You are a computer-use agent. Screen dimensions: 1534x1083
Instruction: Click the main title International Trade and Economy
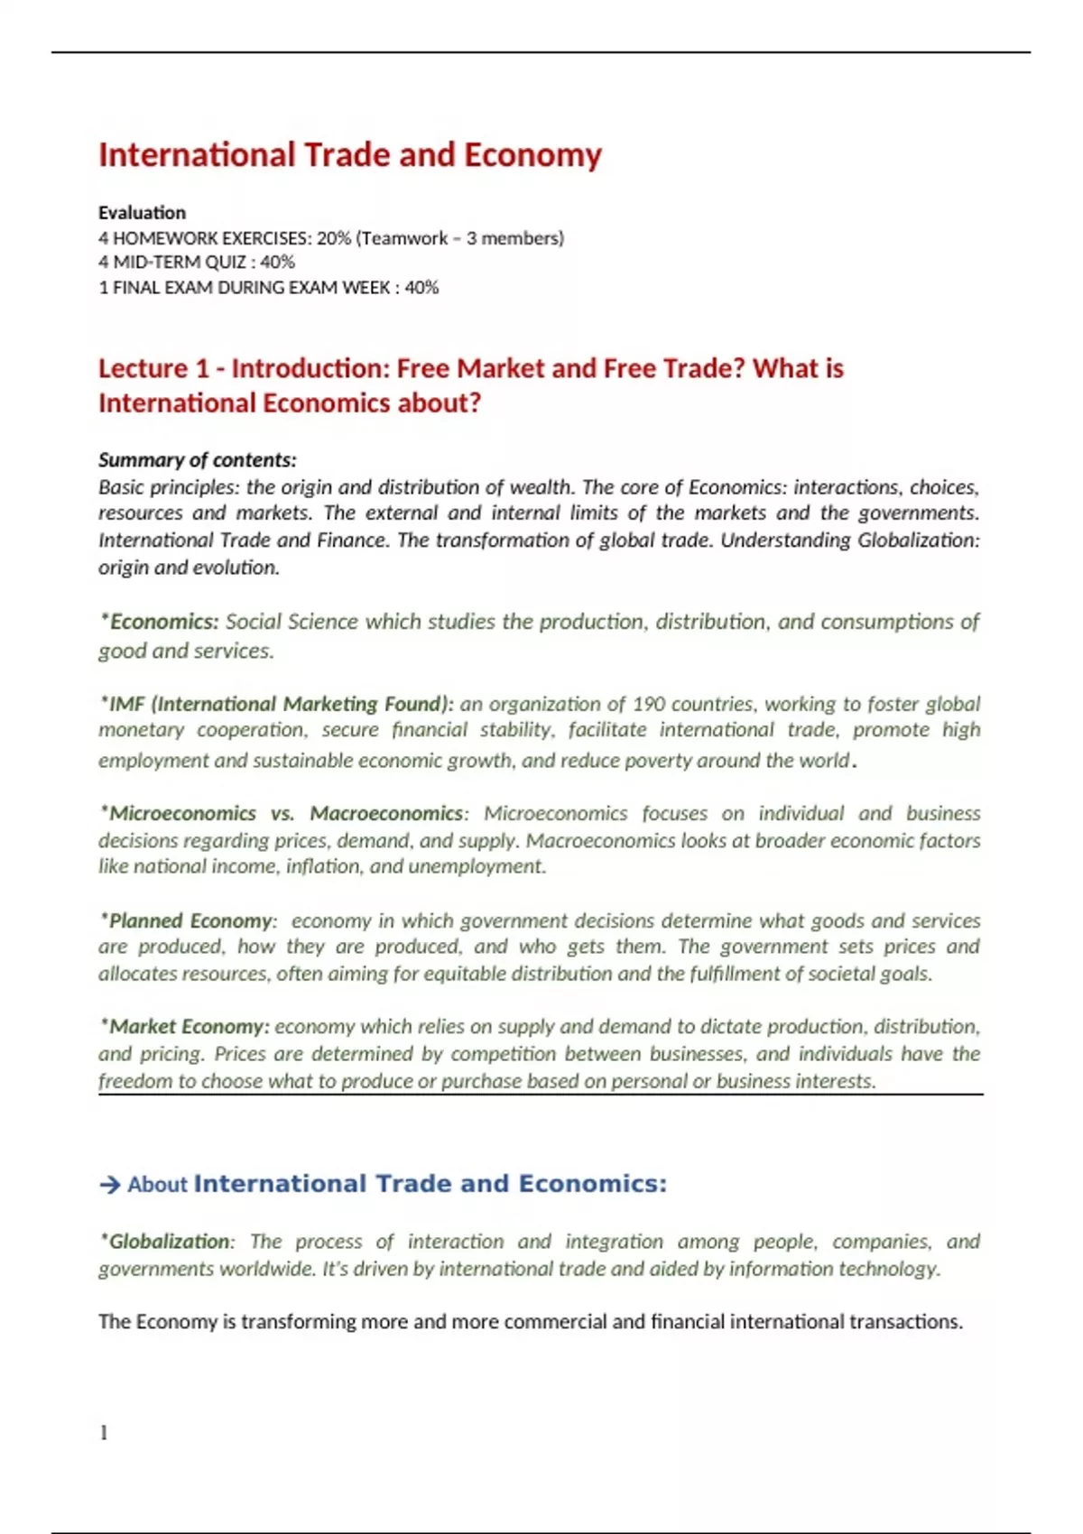pyautogui.click(x=349, y=155)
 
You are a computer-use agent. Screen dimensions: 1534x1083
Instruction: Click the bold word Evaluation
pyautogui.click(x=142, y=213)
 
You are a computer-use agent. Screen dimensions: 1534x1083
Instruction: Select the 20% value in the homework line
pyautogui.click(x=334, y=238)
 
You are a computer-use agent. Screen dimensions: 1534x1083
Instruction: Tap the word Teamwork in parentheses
pyautogui.click(x=404, y=238)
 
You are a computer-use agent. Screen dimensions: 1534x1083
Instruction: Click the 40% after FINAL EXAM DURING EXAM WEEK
pyautogui.click(x=421, y=288)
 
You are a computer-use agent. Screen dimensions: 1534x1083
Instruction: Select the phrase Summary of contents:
pyautogui.click(x=197, y=460)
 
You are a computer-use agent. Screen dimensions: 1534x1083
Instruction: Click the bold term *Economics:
pyautogui.click(x=161, y=622)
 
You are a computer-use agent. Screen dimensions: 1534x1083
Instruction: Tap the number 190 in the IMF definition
pyautogui.click(x=649, y=704)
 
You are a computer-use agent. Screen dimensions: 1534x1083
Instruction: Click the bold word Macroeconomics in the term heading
pyautogui.click(x=386, y=813)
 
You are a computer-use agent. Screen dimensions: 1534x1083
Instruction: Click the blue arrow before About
pyautogui.click(x=110, y=1185)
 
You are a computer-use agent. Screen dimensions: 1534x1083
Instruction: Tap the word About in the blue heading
pyautogui.click(x=157, y=1185)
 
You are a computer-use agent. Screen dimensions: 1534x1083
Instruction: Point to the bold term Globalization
pyautogui.click(x=168, y=1242)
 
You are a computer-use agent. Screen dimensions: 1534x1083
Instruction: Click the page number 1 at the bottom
pyautogui.click(x=104, y=1433)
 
